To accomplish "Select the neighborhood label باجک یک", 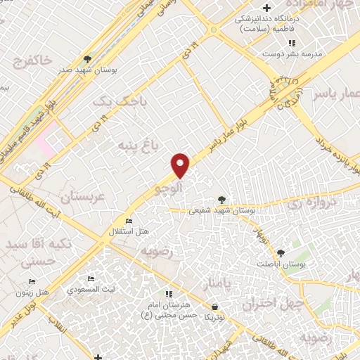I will point(113,102).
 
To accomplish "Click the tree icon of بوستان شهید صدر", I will point(87,59).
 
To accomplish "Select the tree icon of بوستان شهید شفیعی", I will point(222,200).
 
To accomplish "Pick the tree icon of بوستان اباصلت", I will point(281,252).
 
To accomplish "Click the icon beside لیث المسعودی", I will point(89,278).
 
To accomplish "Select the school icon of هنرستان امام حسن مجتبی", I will point(168,294).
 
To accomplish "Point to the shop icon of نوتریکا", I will point(214,307).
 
